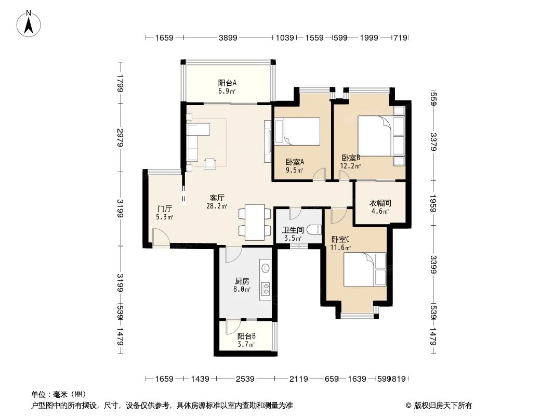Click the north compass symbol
click(30, 24)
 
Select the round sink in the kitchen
click(266, 268)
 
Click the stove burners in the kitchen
click(265, 288)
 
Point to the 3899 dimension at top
click(228, 37)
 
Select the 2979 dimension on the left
click(120, 137)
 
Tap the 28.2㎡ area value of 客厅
click(217, 206)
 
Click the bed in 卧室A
click(299, 132)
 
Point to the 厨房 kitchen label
click(242, 281)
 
